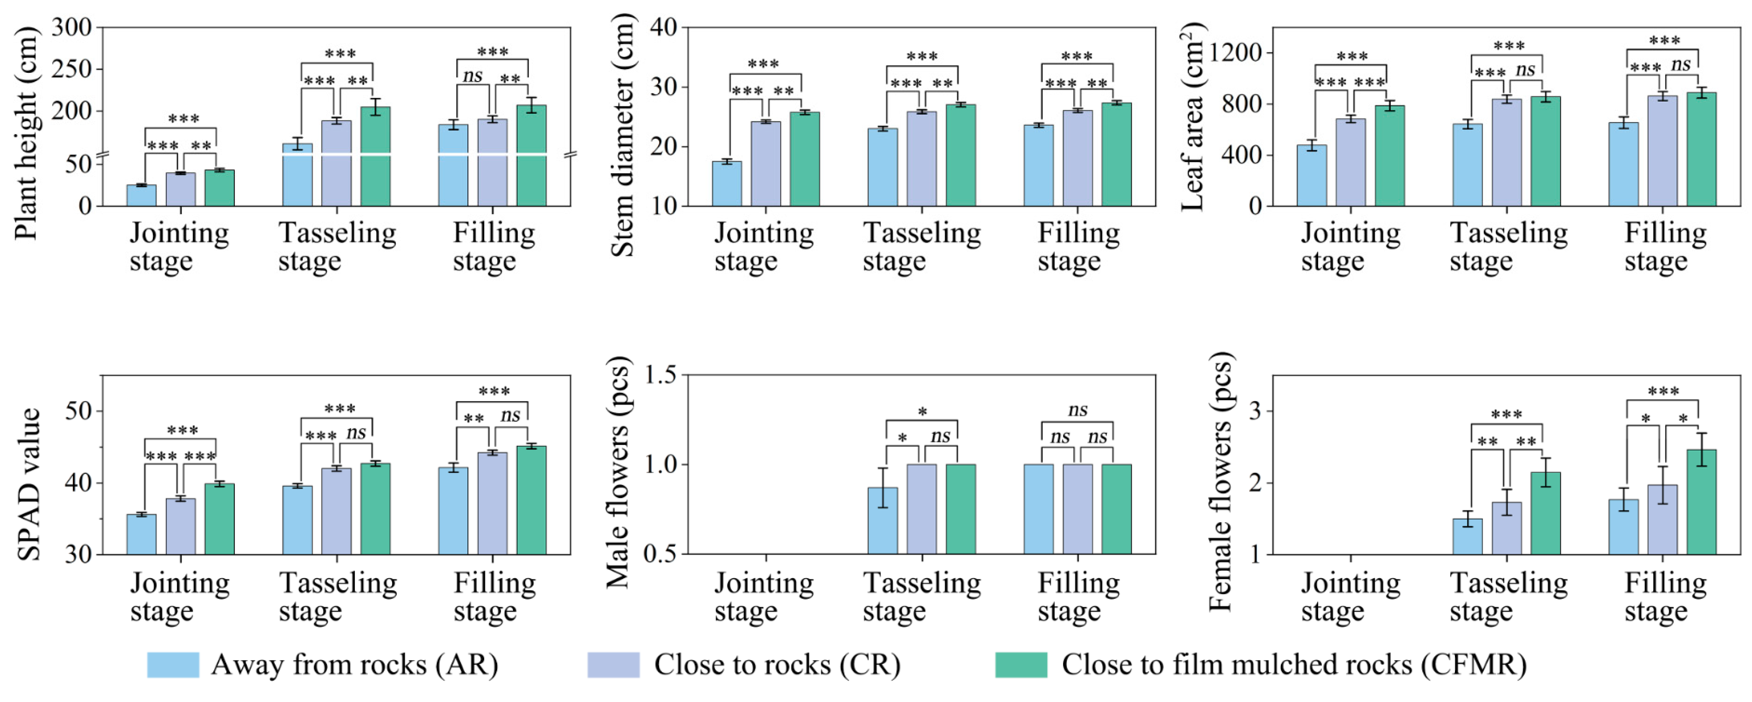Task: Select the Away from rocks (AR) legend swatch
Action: click(x=173, y=665)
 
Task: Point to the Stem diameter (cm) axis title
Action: click(x=622, y=135)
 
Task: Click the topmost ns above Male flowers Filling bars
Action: click(x=1077, y=410)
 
